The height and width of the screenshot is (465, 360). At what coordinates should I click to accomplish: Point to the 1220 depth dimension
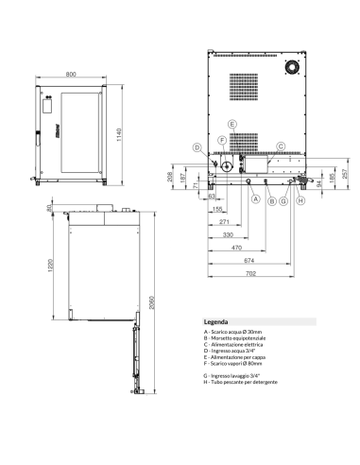coord(38,267)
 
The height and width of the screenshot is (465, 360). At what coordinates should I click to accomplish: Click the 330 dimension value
coord(227,233)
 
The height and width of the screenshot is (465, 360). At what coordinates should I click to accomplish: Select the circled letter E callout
coord(231,125)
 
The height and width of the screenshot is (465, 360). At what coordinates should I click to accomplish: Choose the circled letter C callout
coord(281,146)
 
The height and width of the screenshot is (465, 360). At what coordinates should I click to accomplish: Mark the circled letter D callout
coord(197,146)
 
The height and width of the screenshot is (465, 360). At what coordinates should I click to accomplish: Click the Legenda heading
coord(216,322)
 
